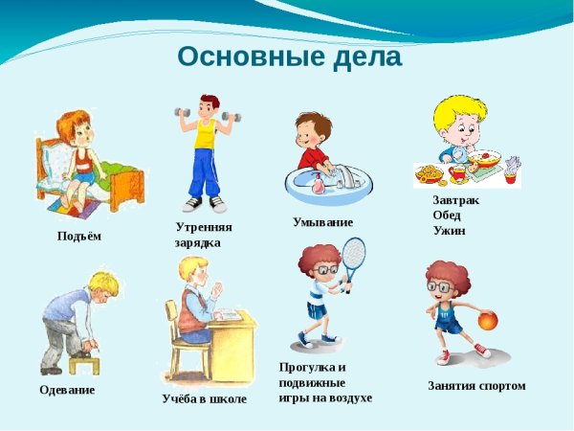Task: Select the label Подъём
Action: pos(78,236)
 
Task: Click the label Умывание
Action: pos(322,222)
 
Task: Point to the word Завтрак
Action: pos(455,200)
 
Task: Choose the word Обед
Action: pos(446,215)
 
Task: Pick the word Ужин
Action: pos(449,230)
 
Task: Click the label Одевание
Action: pos(67,390)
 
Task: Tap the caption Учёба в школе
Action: pos(204,398)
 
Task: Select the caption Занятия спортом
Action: pos(476,386)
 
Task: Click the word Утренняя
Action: pos(204,227)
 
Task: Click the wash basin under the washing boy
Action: pos(326,183)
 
